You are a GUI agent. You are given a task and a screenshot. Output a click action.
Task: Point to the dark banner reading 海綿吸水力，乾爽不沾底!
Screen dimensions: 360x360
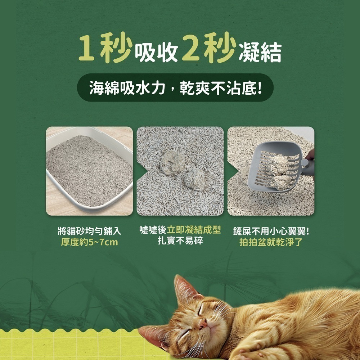[175, 87]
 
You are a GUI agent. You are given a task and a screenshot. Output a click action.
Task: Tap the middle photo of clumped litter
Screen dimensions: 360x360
[180, 171]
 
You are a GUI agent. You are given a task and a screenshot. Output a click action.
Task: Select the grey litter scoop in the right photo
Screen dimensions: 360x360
[279, 166]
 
